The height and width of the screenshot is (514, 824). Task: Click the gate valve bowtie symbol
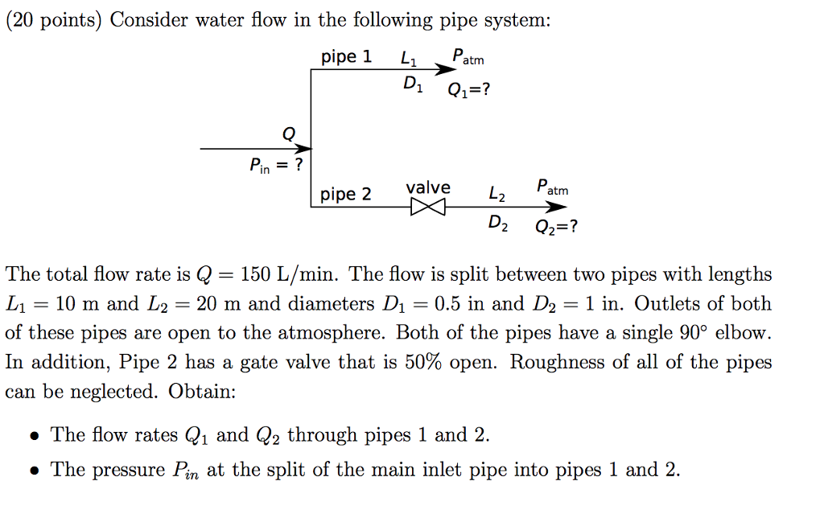point(427,208)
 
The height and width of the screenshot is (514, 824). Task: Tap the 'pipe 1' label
point(346,57)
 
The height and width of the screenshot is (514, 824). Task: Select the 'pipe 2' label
point(346,195)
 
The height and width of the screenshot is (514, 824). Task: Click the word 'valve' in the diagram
point(428,187)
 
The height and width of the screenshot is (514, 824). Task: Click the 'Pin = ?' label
point(276,167)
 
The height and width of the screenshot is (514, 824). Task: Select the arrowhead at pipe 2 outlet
point(556,208)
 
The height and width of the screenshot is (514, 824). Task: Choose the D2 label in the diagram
point(498,224)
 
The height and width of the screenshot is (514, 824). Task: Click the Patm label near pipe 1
point(468,57)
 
